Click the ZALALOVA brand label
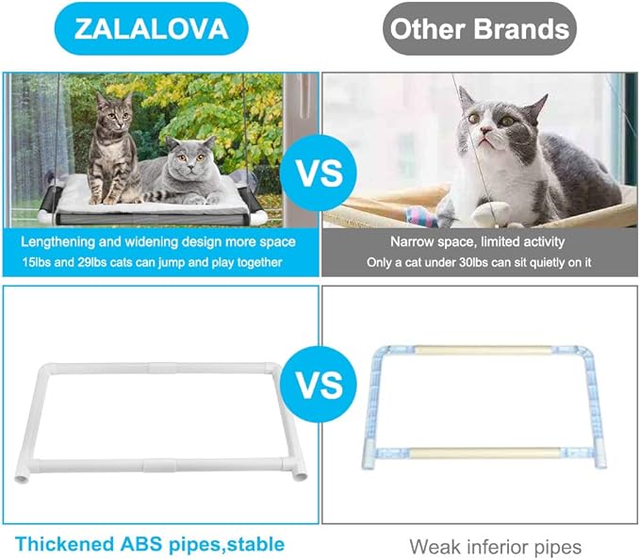coord(151,28)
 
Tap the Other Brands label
coord(481,28)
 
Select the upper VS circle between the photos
coord(320,174)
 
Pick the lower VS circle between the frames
coord(320,385)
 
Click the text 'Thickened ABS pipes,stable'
coord(150,544)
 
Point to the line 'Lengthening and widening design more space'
coord(159,241)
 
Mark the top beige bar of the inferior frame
coord(484,350)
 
